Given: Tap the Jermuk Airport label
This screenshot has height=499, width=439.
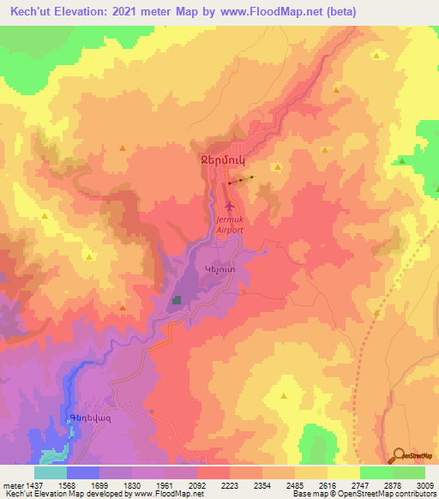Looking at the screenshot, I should pos(229,225).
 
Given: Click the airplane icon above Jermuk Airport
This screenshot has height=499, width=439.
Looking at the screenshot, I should pos(229,207).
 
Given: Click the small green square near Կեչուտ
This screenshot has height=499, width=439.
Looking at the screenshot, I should pos(177,300).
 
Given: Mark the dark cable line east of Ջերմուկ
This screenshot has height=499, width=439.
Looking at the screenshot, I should pos(242,180).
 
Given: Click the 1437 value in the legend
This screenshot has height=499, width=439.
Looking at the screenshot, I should pos(34,485).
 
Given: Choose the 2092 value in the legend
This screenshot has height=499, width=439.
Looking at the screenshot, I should pos(196,485).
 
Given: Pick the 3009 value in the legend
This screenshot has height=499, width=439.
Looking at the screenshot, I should pos(424,485).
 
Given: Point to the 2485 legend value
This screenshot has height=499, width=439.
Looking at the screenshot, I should pos(294,485).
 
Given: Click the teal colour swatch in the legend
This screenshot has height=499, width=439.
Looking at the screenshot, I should pos(51,472).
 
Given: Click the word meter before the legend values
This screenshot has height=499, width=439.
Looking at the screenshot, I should pos(12,485).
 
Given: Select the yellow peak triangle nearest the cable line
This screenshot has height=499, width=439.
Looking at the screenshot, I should pos(276,167).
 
